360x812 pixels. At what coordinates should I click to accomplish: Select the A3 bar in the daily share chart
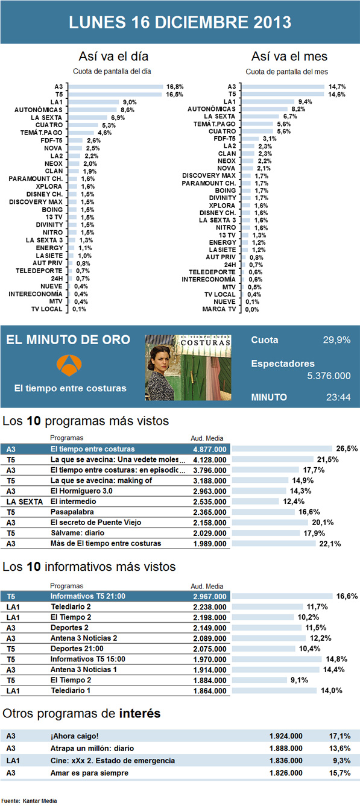[x=116, y=87]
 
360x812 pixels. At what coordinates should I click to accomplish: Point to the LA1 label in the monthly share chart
[x=229, y=101]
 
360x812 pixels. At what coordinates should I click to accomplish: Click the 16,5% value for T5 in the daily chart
[x=175, y=95]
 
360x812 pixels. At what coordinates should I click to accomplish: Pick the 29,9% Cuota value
[x=336, y=340]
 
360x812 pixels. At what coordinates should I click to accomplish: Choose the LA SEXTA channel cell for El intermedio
[x=24, y=501]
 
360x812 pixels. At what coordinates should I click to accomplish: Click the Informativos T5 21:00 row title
[x=87, y=596]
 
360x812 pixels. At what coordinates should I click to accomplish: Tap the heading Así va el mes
[x=289, y=57]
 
